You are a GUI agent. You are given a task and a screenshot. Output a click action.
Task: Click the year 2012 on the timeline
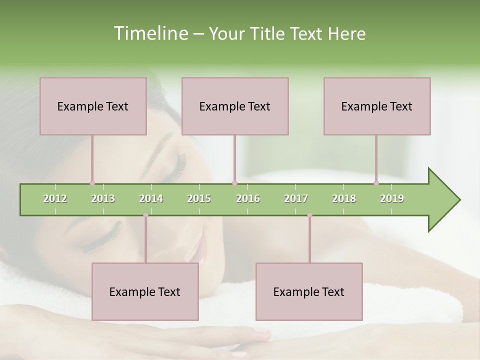pyautogui.click(x=55, y=198)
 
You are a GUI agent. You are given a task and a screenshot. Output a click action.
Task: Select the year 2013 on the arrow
pyautogui.click(x=103, y=198)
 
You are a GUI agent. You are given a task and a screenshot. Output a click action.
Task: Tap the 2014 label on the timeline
pyautogui.click(x=151, y=198)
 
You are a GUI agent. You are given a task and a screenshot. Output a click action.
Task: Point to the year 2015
pyautogui.click(x=199, y=198)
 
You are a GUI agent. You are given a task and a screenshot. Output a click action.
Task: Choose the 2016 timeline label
pyautogui.click(x=248, y=198)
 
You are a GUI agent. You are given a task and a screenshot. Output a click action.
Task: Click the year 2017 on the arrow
pyautogui.click(x=296, y=198)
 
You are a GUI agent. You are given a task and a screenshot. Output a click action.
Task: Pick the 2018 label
pyautogui.click(x=344, y=198)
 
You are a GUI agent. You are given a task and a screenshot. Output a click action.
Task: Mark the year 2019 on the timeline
pyautogui.click(x=392, y=198)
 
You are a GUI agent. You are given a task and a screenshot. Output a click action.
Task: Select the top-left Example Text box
pyautogui.click(x=93, y=106)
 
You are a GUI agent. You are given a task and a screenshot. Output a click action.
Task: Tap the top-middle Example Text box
pyautogui.click(x=235, y=106)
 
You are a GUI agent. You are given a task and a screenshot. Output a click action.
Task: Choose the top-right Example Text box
pyautogui.click(x=377, y=106)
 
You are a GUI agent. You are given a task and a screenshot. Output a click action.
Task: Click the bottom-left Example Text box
pyautogui.click(x=145, y=291)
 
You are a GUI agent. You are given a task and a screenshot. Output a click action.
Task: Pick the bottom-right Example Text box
pyautogui.click(x=309, y=291)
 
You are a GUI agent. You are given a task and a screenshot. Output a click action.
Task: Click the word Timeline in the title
pyautogui.click(x=149, y=33)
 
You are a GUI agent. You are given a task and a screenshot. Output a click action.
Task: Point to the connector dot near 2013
pyautogui.click(x=92, y=183)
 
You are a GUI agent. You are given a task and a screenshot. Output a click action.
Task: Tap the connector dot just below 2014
pyautogui.click(x=145, y=215)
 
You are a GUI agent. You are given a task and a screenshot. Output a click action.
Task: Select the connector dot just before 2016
pyautogui.click(x=234, y=183)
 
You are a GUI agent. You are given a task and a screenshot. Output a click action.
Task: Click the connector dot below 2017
pyautogui.click(x=309, y=215)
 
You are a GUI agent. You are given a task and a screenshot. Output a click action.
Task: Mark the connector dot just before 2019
pyautogui.click(x=376, y=183)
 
